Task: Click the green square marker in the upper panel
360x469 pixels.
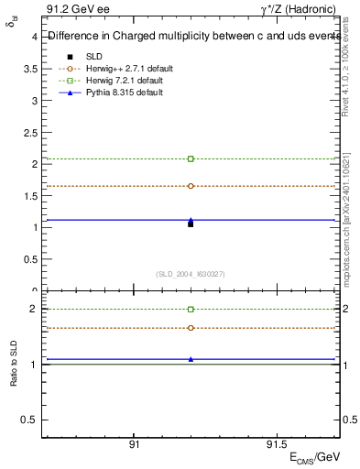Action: pyautogui.click(x=191, y=159)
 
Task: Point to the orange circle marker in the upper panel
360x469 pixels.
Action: pyautogui.click(x=191, y=186)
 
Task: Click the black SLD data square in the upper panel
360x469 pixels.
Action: pyautogui.click(x=191, y=224)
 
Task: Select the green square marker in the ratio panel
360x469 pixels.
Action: pyautogui.click(x=191, y=310)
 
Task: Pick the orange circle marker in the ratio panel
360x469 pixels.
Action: pyautogui.click(x=191, y=328)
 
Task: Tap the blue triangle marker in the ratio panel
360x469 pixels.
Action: pyautogui.click(x=191, y=359)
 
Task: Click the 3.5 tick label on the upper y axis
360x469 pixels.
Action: pyautogui.click(x=30, y=69)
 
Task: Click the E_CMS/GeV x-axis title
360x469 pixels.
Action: pyautogui.click(x=314, y=457)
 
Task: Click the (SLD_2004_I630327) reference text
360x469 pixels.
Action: pyautogui.click(x=191, y=274)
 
